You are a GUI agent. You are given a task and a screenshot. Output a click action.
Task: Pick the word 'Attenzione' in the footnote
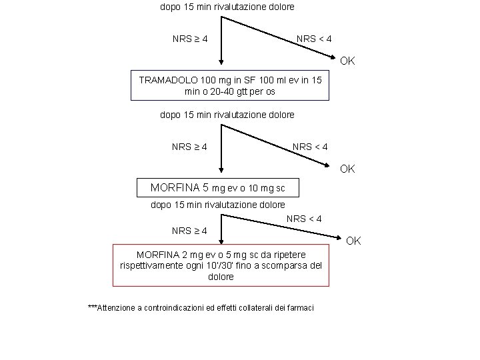point(119,307)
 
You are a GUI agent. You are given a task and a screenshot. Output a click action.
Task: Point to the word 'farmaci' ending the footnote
point(300,307)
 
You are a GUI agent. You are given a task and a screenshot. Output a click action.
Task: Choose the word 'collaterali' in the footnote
point(259,307)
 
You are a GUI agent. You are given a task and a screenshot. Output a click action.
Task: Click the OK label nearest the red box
point(353,240)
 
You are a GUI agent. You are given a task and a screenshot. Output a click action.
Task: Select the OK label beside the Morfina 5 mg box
point(347,169)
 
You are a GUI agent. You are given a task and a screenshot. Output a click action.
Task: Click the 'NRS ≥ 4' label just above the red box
point(189,231)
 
